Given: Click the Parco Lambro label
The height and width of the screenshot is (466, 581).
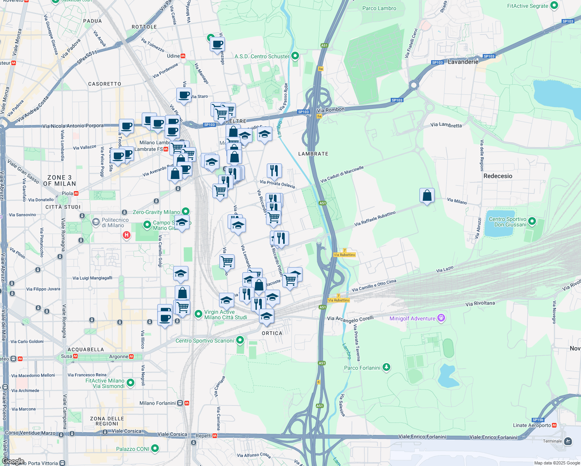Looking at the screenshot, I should point(379,8).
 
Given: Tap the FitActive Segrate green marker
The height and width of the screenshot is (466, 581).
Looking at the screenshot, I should point(554,5).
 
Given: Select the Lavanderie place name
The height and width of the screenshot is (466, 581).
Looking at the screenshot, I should point(463,62).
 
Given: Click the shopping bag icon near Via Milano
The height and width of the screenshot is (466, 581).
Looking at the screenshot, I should point(427,195).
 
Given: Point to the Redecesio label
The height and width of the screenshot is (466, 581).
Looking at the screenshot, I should point(498,176).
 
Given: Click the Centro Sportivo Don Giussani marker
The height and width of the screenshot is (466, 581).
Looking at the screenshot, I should point(532,221).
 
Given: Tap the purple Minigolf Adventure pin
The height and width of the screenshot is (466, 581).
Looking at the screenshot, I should point(441,318).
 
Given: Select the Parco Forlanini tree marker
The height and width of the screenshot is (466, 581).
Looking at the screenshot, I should point(386,367).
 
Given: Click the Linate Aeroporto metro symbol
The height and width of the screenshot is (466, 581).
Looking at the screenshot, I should point(554,425).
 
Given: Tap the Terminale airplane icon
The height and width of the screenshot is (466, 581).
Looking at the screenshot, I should point(568,441).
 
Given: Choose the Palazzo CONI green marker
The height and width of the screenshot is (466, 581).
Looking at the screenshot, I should point(155,449).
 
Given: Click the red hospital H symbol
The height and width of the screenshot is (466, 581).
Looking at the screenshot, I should point(126,235).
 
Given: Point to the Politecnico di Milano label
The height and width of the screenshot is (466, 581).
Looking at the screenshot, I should point(115,223).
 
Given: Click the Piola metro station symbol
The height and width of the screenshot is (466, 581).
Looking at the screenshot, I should point(76,193).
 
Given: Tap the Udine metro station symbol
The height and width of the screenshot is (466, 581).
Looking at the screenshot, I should point(183,56).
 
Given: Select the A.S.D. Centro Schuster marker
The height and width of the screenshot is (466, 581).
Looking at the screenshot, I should point(295,56).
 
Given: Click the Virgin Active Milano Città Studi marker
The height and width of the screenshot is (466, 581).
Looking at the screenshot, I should point(198,313).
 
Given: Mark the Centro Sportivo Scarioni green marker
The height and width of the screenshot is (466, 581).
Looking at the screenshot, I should point(240,340).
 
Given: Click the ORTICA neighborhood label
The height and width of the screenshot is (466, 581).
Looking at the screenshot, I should point(272,333).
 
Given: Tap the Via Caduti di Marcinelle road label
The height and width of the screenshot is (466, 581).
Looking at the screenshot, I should point(342,174).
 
